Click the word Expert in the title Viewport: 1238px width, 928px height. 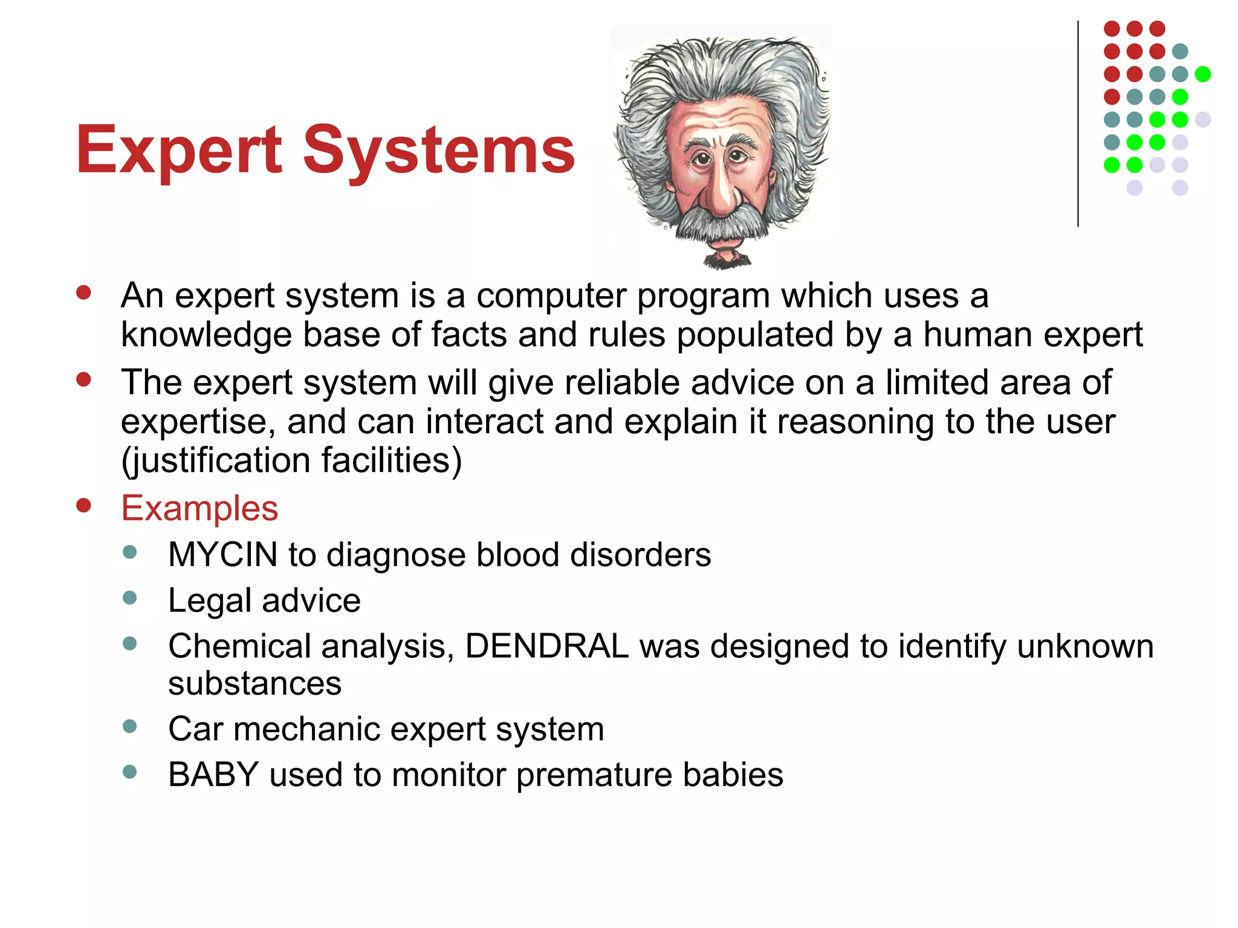click(x=179, y=150)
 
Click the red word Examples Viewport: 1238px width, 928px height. click(x=199, y=508)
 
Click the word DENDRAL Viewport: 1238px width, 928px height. click(x=547, y=646)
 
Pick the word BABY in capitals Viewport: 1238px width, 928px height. click(x=213, y=775)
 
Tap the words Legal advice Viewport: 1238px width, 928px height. click(x=264, y=601)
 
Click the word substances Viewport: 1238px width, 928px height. click(x=254, y=684)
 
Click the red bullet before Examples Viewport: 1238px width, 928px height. click(x=83, y=505)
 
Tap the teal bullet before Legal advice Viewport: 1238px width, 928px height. click(x=129, y=598)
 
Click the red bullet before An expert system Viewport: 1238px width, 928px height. click(x=83, y=293)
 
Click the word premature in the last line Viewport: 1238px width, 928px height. click(x=594, y=775)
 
